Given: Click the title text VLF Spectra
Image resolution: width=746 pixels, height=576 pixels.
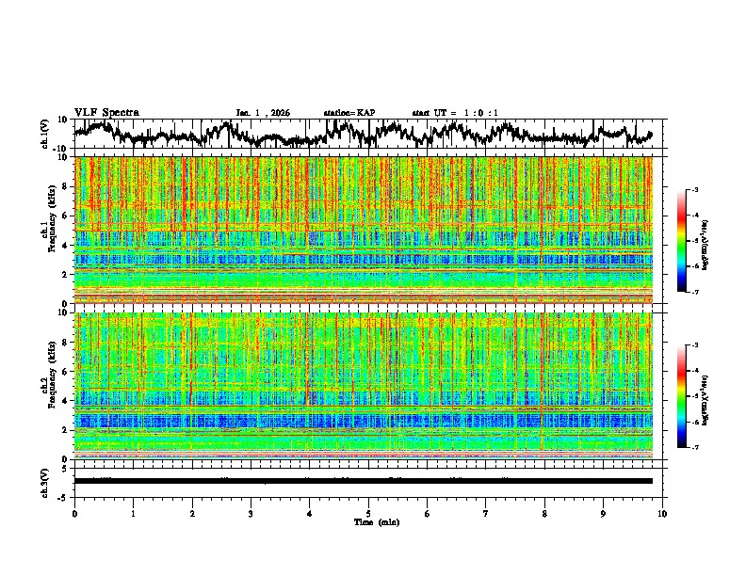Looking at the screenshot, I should coord(106,113).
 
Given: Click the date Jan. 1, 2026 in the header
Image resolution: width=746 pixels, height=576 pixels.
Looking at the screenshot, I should coord(263,113).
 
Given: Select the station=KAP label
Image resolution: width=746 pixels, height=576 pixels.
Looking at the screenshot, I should coord(349,113).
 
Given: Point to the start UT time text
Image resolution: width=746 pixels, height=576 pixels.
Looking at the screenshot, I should coord(455,113).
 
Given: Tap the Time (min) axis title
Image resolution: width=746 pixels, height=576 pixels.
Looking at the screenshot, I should coord(376,522).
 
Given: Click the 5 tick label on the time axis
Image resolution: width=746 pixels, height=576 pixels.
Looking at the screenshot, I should coord(368,514).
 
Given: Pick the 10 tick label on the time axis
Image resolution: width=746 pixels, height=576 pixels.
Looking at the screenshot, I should coord(662,514).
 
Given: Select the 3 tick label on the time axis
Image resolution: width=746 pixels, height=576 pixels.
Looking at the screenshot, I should coord(251,514).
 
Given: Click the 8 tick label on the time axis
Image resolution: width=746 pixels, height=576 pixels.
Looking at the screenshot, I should coord(544,514).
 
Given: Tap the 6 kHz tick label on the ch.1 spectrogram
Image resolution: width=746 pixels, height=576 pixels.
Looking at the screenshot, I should coord(65,216).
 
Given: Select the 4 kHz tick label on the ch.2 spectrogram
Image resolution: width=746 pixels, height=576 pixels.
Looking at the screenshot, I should coord(65,401).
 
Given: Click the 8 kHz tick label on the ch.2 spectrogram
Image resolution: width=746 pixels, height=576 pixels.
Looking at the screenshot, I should coord(65,343).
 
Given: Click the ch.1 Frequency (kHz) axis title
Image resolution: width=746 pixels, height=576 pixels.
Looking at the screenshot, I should coord(47,230).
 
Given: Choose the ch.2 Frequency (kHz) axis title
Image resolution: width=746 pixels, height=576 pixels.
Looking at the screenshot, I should coord(47,386).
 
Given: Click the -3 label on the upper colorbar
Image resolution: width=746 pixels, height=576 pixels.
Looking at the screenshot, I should coord(696,190).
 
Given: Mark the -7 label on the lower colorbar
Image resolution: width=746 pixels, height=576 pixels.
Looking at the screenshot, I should coord(696,448).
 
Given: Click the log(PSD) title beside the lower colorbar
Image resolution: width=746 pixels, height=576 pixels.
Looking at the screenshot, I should coord(718,396).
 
